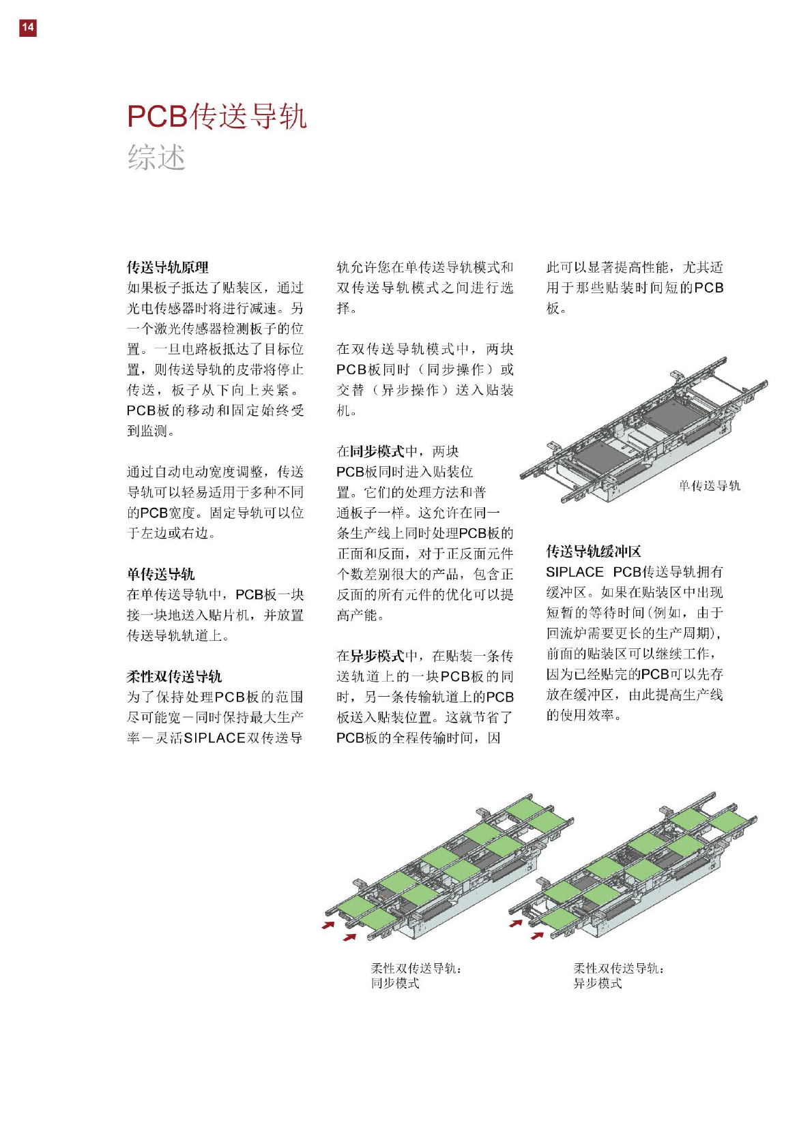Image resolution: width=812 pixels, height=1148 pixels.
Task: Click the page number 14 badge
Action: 27,27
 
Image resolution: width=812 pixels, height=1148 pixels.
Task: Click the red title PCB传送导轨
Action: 217,117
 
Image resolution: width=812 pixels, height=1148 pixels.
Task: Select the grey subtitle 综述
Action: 156,157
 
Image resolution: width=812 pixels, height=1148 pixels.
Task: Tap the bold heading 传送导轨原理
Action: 168,267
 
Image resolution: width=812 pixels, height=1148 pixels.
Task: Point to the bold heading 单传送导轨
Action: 161,574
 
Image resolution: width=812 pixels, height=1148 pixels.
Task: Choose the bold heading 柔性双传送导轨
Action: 175,676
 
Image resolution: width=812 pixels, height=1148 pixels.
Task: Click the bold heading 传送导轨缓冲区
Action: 594,552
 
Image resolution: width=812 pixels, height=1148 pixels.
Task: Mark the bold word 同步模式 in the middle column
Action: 377,451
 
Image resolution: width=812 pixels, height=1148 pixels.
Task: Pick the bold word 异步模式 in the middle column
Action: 377,656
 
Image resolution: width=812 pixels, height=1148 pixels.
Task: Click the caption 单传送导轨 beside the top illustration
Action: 709,485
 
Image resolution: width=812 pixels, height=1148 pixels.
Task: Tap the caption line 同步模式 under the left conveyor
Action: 395,983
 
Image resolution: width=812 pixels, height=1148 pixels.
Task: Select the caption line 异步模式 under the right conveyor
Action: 598,983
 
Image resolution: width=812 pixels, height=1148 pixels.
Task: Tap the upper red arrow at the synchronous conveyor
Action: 329,924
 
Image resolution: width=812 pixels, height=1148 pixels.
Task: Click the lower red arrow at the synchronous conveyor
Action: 349,937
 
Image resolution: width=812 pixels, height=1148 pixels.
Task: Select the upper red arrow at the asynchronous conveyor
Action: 517,923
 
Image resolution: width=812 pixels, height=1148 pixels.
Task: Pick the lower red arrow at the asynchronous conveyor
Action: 537,935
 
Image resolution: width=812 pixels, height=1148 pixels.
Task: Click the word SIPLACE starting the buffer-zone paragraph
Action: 575,572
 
